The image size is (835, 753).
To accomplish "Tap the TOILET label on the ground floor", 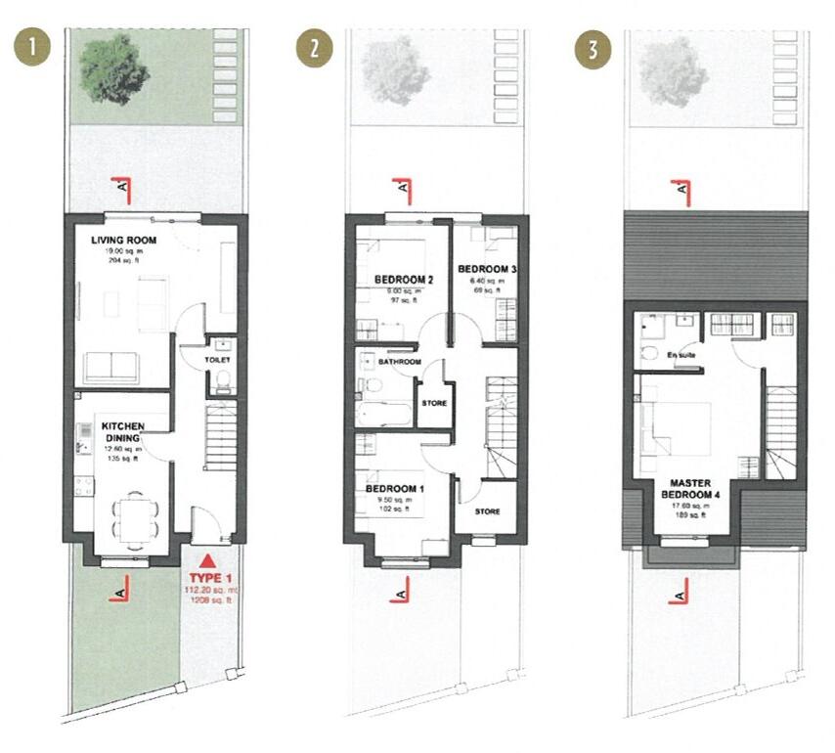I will pyautogui.click(x=217, y=360).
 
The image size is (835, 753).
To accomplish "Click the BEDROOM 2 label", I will pyautogui.click(x=404, y=280).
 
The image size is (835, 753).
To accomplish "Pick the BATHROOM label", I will pyautogui.click(x=400, y=362).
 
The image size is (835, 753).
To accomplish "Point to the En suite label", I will pyautogui.click(x=681, y=355).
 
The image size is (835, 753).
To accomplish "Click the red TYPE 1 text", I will pyautogui.click(x=206, y=578).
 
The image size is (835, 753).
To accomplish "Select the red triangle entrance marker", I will pyautogui.click(x=206, y=561).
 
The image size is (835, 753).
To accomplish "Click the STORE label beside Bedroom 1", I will pyautogui.click(x=487, y=510).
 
